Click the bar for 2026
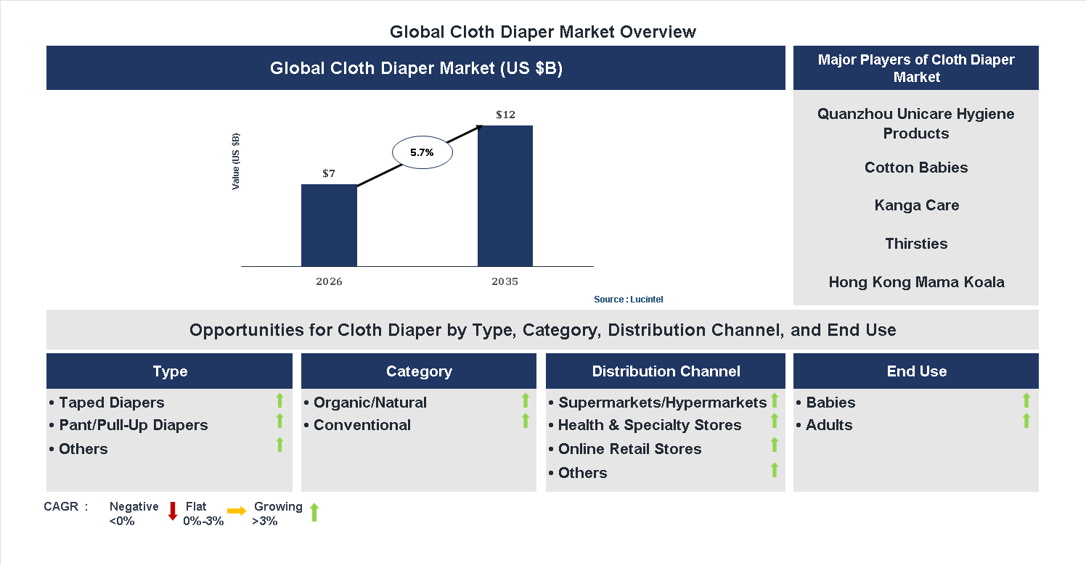click(329, 225)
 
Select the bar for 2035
click(505, 196)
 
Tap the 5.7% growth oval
click(422, 153)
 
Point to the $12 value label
click(505, 115)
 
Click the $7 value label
click(329, 174)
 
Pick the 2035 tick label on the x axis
click(505, 281)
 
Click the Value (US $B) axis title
click(236, 162)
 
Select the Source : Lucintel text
click(628, 300)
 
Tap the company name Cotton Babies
click(916, 168)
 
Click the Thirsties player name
click(916, 244)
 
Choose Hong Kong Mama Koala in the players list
click(916, 282)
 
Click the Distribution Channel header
click(666, 371)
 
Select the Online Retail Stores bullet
click(629, 449)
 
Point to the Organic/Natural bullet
click(370, 403)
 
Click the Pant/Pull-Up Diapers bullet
click(133, 425)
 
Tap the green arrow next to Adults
click(1026, 421)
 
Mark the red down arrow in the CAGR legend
click(173, 511)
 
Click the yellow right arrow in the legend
click(237, 511)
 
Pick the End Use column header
click(916, 371)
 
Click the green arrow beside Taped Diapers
click(279, 400)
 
